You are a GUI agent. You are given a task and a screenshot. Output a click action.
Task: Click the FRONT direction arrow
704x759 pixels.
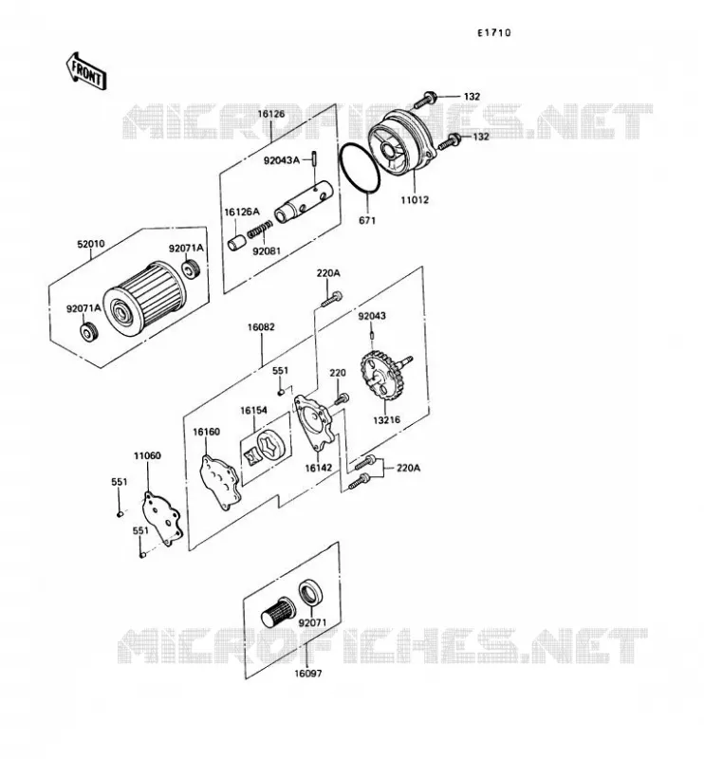86,71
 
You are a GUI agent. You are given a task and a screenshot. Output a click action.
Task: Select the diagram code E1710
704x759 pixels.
494,33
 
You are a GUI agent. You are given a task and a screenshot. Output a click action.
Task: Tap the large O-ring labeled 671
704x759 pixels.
361,169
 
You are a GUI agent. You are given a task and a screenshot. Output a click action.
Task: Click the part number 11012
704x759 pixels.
415,199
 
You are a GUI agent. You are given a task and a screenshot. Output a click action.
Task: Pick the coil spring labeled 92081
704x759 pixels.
260,230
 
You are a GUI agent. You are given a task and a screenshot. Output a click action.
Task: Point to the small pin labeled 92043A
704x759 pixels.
314,158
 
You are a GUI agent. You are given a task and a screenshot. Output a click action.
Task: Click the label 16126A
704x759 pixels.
242,212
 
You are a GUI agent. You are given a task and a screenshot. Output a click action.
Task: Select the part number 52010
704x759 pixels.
90,244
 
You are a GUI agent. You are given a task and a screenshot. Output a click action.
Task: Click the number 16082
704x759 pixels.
261,327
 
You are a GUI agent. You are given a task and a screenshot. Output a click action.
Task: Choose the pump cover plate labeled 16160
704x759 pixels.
220,482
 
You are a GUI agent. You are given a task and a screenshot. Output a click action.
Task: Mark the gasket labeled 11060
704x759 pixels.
162,519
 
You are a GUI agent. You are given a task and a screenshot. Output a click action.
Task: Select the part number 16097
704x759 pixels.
308,674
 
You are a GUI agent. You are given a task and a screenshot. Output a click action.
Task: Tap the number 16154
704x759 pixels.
253,411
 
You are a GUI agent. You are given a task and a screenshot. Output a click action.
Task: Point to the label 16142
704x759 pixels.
318,468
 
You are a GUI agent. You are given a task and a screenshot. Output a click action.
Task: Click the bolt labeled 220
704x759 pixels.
342,399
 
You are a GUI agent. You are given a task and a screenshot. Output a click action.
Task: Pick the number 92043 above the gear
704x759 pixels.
372,316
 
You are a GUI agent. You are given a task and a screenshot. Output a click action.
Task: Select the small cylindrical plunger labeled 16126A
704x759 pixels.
236,242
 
